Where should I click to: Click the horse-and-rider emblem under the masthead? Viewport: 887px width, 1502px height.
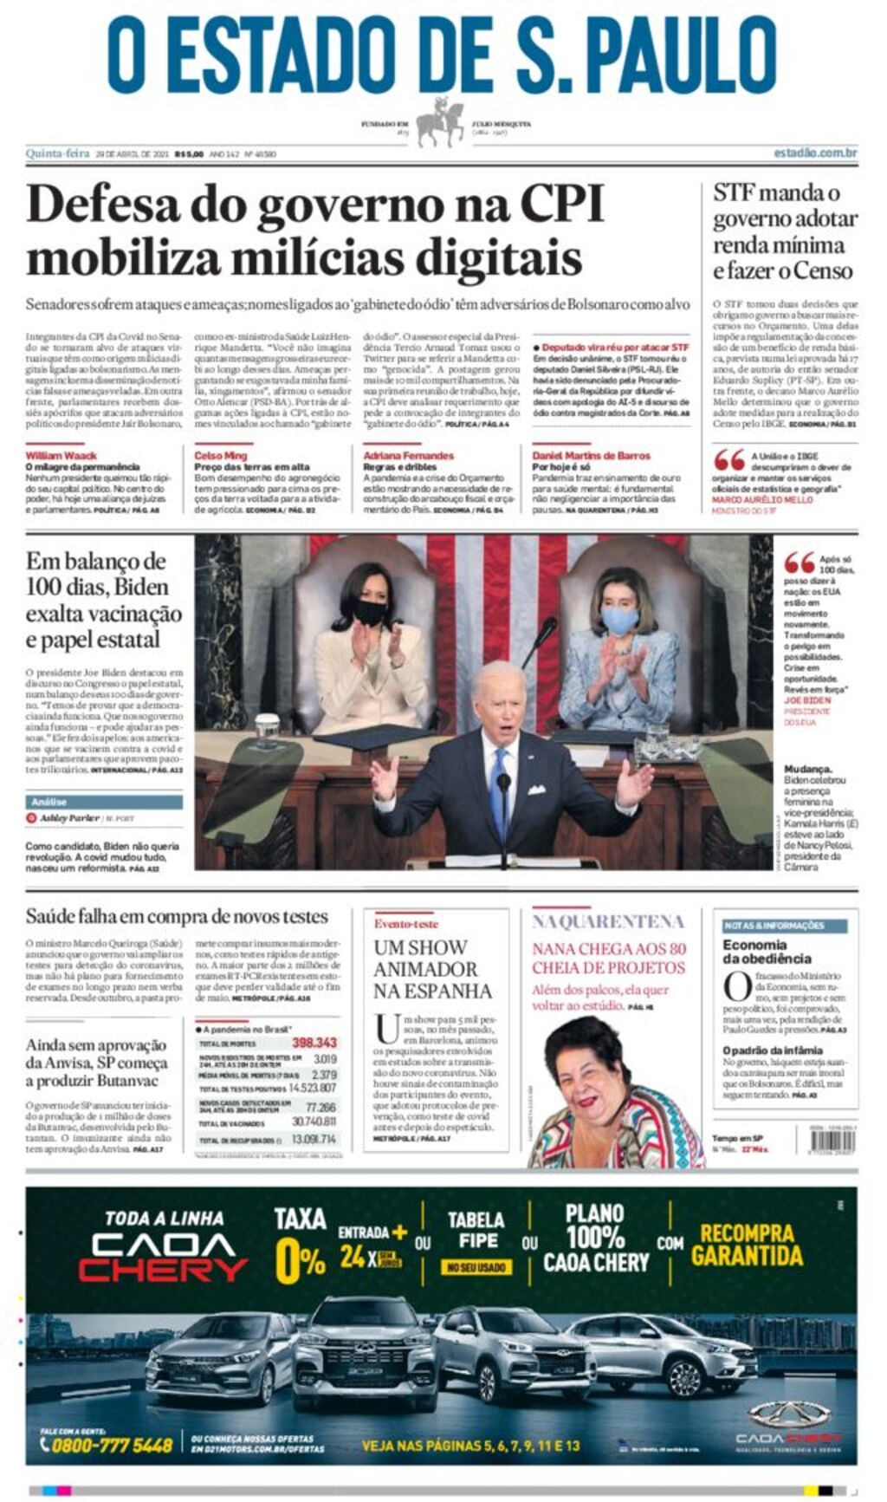coord(442,122)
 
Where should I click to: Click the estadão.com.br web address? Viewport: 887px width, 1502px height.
coord(815,153)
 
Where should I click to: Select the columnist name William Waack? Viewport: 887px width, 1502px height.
coord(61,456)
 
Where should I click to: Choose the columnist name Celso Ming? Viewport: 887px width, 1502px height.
coord(221,456)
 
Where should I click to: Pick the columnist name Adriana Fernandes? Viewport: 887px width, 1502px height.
coord(408,456)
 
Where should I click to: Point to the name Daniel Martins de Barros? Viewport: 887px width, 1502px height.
coord(591,456)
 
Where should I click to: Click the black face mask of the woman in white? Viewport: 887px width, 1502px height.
coord(370,612)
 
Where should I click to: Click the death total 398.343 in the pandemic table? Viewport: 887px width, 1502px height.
coord(314,1043)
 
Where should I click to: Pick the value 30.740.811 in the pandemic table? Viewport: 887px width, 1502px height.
coord(314,1122)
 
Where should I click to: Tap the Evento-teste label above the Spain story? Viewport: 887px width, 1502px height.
coord(406,924)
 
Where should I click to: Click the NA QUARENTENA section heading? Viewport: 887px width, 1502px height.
coord(608,921)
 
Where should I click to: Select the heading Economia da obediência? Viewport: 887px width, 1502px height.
coord(767,952)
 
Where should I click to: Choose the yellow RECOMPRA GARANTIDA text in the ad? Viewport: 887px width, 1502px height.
coord(747,1245)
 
